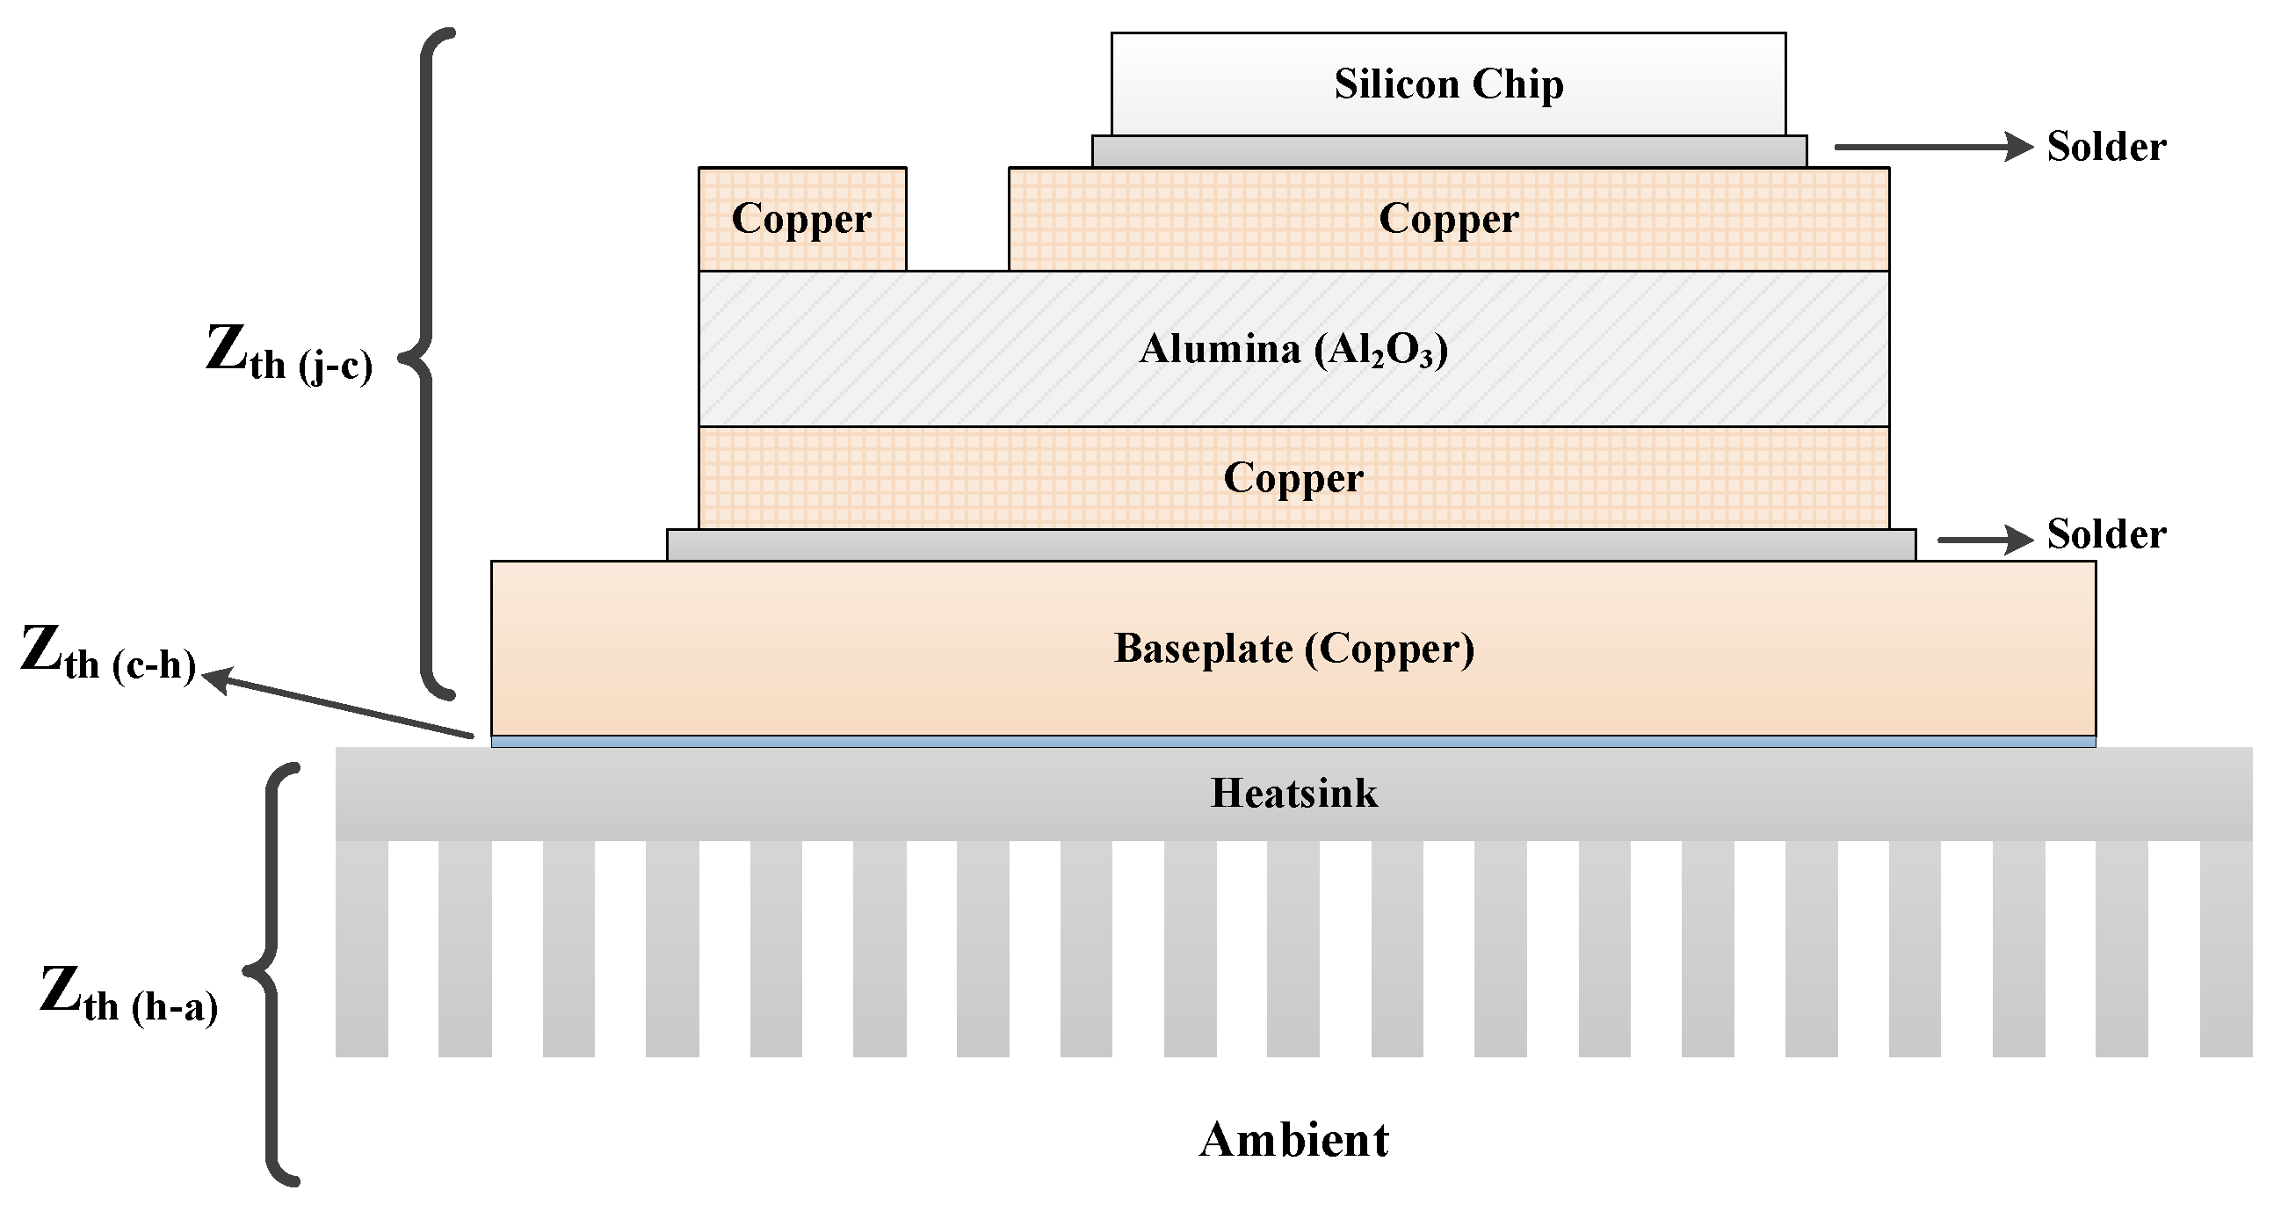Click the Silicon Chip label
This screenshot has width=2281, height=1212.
(1449, 84)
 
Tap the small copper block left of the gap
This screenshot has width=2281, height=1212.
(801, 219)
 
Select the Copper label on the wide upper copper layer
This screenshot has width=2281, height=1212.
(1449, 219)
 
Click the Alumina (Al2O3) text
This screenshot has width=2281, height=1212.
(1293, 349)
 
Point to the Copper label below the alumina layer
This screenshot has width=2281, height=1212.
(1293, 478)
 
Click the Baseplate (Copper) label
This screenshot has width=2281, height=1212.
(1293, 649)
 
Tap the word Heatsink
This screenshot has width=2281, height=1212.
(1293, 793)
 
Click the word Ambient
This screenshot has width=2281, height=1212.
(1293, 1140)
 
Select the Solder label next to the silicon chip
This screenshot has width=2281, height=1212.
(2105, 147)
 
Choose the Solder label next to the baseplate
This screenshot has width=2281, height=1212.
(2105, 534)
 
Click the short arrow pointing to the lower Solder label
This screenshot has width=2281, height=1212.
(1983, 540)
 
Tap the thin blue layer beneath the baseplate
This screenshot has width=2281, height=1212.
(1293, 742)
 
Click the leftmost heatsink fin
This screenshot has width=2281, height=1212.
(361, 948)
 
